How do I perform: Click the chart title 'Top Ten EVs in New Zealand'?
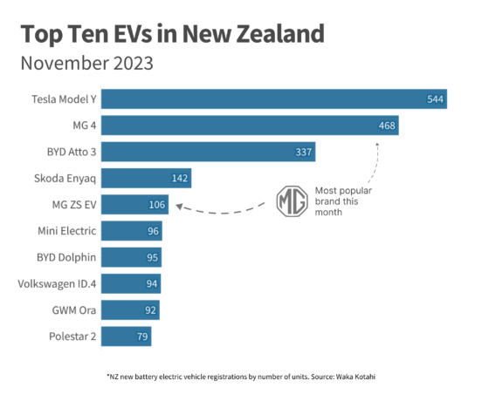tap(172, 35)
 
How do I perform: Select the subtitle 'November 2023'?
tap(86, 64)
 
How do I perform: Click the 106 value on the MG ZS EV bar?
tap(156, 206)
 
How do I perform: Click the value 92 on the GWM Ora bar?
tap(148, 310)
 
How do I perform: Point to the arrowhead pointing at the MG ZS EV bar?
tap(177, 207)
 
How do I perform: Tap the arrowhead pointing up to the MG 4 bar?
tap(377, 141)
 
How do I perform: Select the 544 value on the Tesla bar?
tap(436, 99)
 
